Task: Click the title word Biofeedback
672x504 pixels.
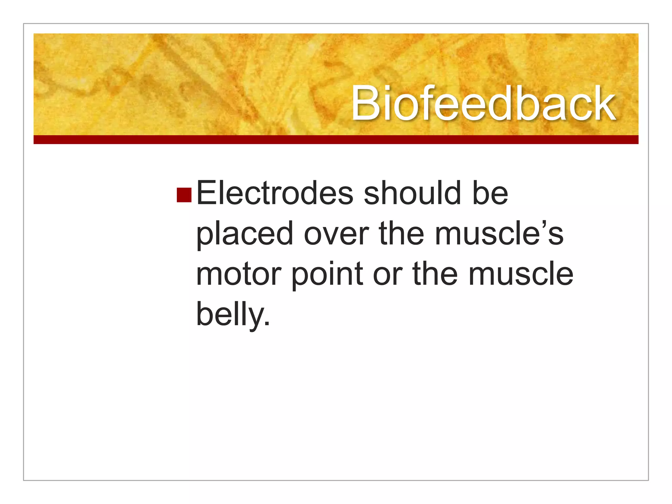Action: point(483,104)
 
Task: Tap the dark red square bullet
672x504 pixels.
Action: point(184,195)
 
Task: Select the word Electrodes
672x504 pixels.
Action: point(275,194)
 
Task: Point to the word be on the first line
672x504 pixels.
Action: point(490,194)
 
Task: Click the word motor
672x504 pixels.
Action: point(239,274)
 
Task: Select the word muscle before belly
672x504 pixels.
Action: point(521,274)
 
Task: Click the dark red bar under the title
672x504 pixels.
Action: point(336,140)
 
